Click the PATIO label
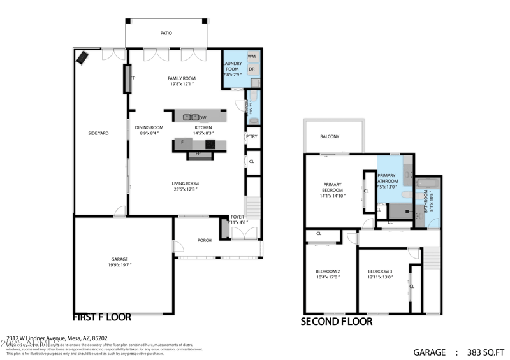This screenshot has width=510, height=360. (x=166, y=33)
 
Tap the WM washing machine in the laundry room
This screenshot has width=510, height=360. (x=252, y=57)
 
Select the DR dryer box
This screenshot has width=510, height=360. (x=252, y=69)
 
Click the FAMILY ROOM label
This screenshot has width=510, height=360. (x=182, y=78)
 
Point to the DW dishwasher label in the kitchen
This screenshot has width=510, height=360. (x=203, y=118)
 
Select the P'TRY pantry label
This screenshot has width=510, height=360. (x=252, y=137)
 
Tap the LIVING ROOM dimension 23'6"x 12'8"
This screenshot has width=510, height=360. (x=186, y=189)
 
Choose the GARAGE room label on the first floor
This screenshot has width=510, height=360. (x=120, y=260)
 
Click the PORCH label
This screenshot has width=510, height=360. (x=205, y=240)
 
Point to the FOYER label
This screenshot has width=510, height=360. (x=237, y=217)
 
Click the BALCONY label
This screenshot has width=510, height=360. (x=330, y=136)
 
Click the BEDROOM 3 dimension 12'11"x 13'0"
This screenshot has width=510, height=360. (x=380, y=277)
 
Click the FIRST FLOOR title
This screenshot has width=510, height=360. (x=102, y=317)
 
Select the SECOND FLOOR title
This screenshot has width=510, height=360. (x=337, y=322)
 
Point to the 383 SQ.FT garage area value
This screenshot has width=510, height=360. (x=486, y=352)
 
